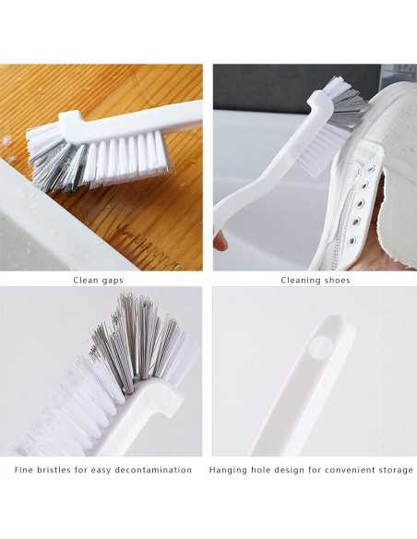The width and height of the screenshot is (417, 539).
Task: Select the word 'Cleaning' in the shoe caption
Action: (x=300, y=280)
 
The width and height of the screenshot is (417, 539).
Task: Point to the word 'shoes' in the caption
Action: (x=336, y=280)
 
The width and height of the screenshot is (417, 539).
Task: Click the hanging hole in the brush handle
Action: (x=319, y=346)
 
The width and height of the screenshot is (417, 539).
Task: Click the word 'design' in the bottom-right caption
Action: (x=290, y=470)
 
